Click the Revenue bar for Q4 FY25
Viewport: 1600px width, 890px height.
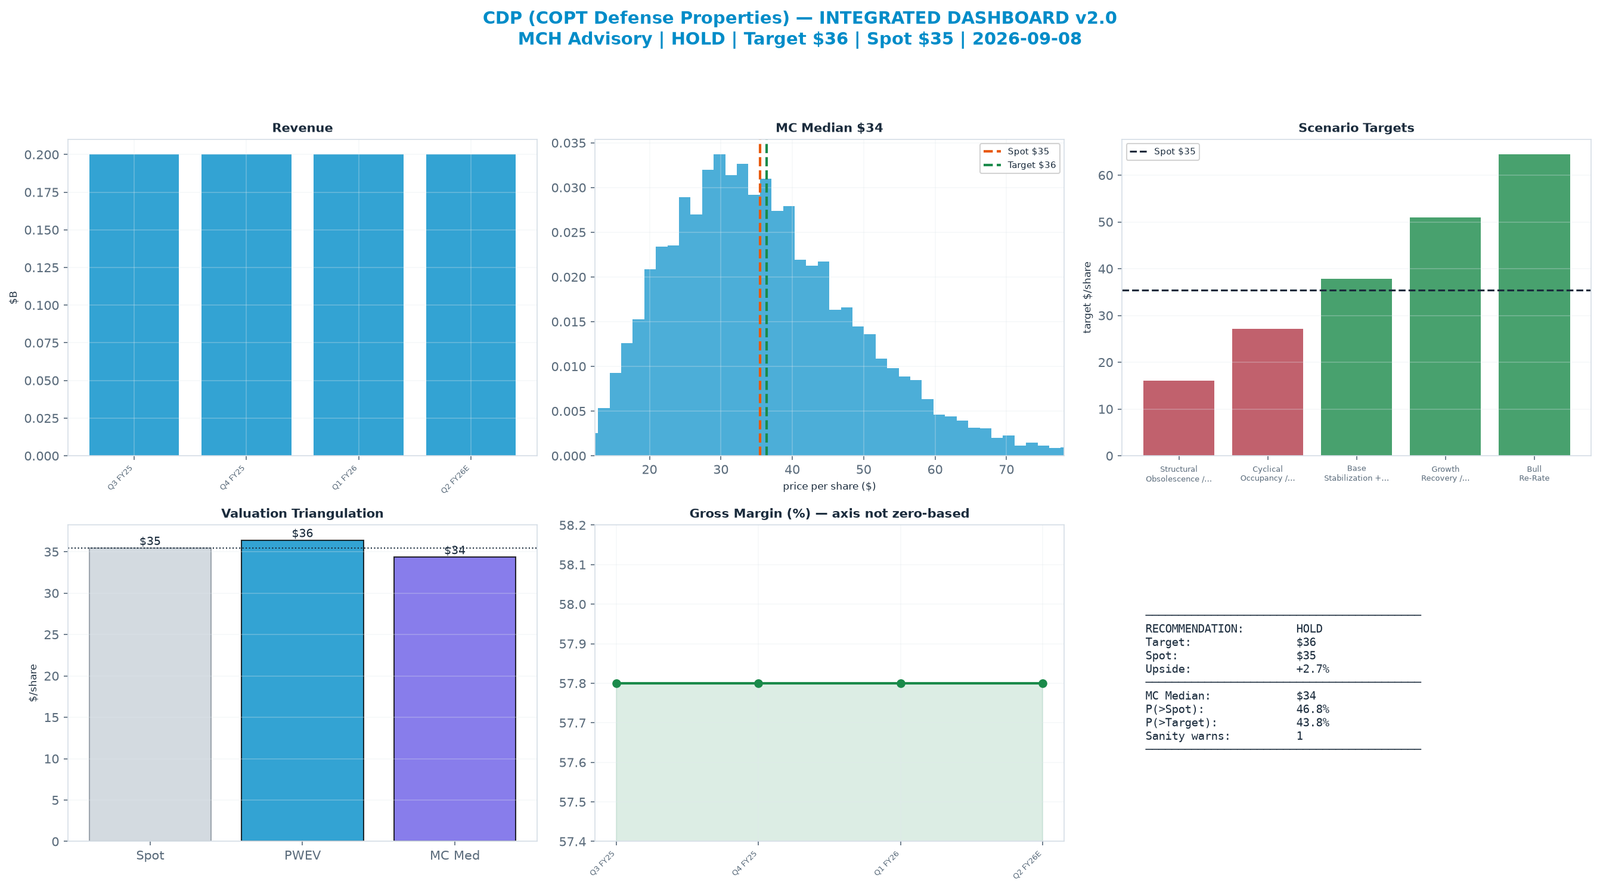(246, 305)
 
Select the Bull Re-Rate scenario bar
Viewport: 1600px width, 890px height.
(1534, 305)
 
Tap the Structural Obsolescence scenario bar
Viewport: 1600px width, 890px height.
(1179, 418)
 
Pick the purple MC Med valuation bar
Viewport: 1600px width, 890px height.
(455, 699)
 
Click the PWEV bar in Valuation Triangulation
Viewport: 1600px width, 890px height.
(302, 691)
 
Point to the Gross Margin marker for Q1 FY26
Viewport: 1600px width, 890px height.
(901, 683)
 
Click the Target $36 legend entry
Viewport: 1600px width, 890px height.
(1019, 165)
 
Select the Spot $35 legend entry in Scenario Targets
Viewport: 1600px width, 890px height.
(1162, 151)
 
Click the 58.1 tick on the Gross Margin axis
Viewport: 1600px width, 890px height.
(573, 565)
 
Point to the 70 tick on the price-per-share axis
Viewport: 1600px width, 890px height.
(1006, 470)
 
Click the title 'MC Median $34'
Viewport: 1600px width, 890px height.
(829, 128)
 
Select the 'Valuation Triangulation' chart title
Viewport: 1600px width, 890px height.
(302, 514)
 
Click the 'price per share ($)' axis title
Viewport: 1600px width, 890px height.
(829, 486)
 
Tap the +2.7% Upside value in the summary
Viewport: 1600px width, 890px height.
(1313, 669)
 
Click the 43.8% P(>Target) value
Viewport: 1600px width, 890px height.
(1313, 723)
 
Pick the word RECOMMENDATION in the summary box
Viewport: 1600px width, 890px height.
(1195, 628)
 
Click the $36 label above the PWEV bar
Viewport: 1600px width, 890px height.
(302, 533)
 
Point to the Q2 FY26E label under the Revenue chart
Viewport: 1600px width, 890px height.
(455, 478)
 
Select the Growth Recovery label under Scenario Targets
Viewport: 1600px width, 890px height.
(1446, 474)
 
